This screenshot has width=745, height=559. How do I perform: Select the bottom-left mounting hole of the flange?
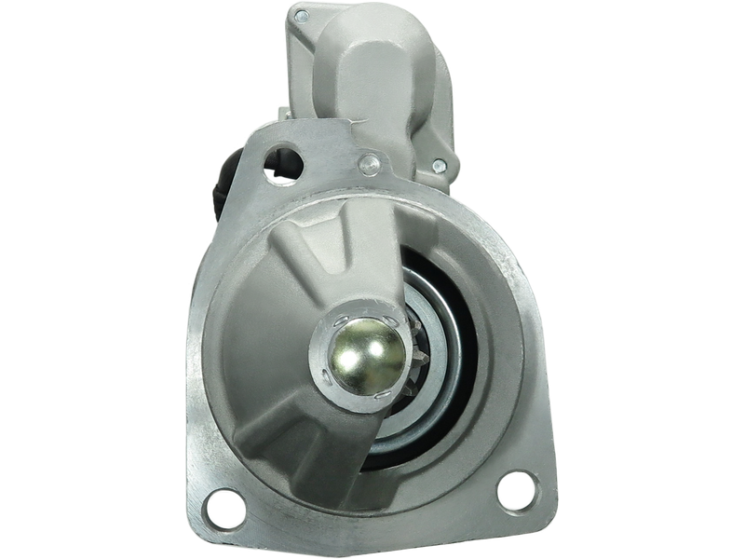point(221,508)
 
